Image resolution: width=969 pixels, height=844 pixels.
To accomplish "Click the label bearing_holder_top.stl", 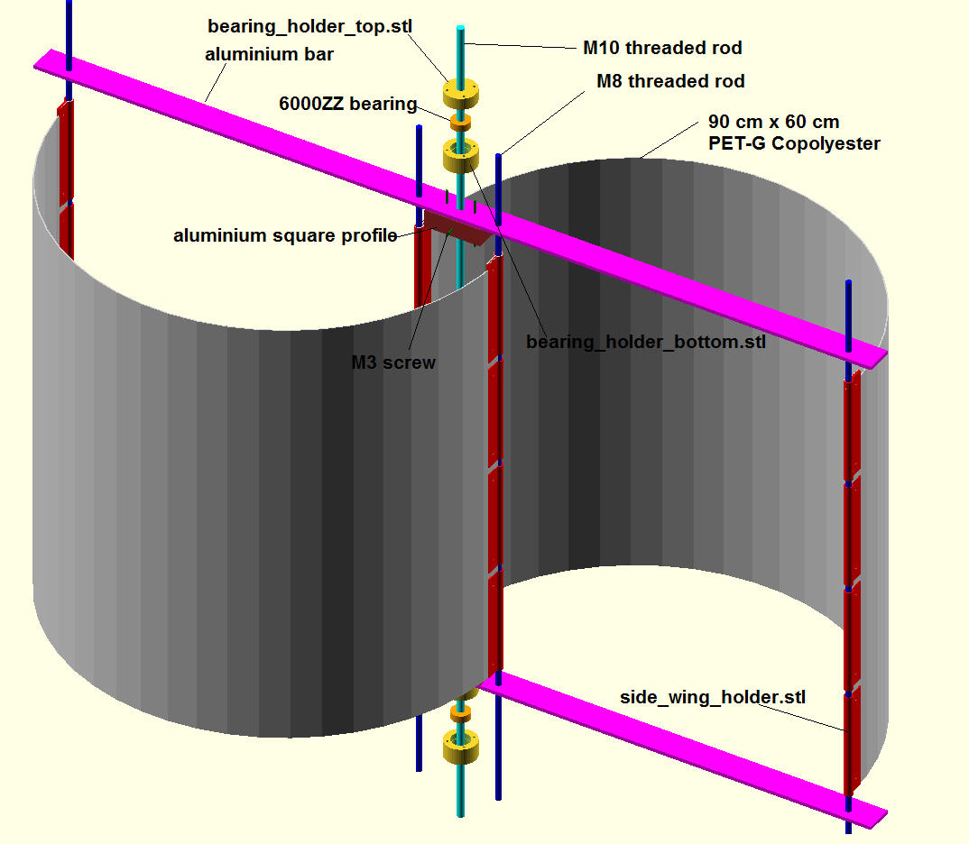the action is (x=309, y=27).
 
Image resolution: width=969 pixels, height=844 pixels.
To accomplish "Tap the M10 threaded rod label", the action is (x=662, y=48).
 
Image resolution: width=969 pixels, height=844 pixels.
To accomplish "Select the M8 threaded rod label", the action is (x=670, y=81).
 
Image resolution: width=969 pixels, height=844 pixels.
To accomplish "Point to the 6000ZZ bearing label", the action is (x=348, y=104).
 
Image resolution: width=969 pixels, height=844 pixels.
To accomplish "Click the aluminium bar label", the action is (x=269, y=54).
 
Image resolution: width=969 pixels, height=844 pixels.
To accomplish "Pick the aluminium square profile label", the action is (x=285, y=236).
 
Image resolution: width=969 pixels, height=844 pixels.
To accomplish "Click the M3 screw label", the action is (x=393, y=362).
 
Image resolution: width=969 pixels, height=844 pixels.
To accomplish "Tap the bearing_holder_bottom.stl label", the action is (x=646, y=342).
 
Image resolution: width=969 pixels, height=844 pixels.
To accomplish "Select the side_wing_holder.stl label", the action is (x=713, y=698).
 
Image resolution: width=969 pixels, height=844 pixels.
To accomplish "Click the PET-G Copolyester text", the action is (x=794, y=144).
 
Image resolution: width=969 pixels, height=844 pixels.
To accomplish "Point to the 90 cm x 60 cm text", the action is (x=774, y=122).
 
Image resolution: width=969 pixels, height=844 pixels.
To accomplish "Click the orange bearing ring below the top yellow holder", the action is (x=460, y=123).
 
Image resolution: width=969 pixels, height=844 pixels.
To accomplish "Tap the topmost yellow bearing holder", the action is (x=461, y=94).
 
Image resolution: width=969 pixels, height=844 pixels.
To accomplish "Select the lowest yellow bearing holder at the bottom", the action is (x=461, y=747).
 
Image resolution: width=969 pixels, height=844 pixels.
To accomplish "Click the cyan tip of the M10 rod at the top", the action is (x=460, y=29).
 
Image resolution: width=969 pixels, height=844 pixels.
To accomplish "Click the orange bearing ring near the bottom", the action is (x=460, y=713).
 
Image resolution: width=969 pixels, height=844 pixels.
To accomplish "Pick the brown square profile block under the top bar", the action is (x=458, y=228).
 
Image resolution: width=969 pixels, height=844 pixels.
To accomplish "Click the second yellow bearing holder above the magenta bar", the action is (x=461, y=156).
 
